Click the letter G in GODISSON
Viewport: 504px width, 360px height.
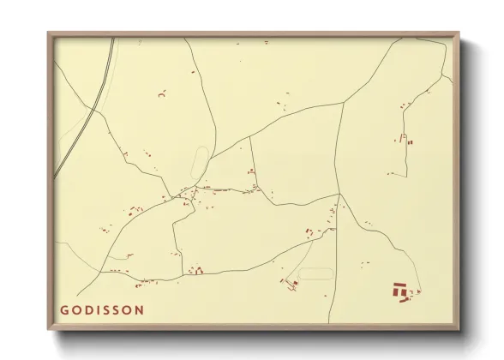pyautogui.click(x=64, y=309)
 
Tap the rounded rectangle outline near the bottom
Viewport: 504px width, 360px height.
pyautogui.click(x=315, y=273)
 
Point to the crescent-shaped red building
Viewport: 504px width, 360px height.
pyautogui.click(x=162, y=95)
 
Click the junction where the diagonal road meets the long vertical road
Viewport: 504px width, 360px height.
pyautogui.click(x=339, y=195)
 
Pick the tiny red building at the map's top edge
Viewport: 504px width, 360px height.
pyautogui.click(x=267, y=41)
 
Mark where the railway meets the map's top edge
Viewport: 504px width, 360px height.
pyautogui.click(x=114, y=39)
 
